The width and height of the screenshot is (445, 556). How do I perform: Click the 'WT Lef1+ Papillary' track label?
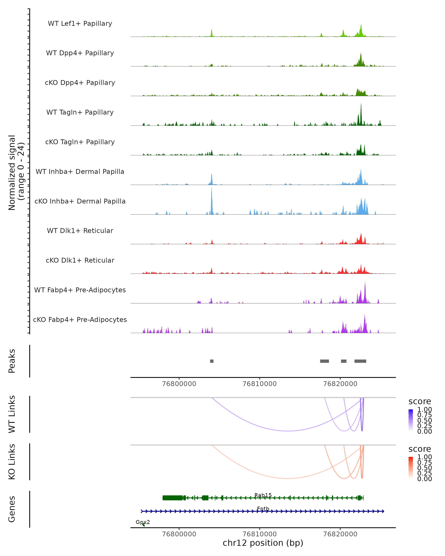(x=80, y=24)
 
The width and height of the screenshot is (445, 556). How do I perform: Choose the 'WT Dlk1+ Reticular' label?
(x=80, y=231)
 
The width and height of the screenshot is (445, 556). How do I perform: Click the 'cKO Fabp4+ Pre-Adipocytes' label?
(x=80, y=320)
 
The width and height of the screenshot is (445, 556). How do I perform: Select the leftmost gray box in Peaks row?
(x=212, y=361)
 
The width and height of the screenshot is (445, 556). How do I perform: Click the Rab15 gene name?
(x=263, y=495)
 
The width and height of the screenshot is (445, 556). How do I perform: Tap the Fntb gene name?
(x=263, y=509)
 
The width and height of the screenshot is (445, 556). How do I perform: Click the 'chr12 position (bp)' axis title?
(x=263, y=543)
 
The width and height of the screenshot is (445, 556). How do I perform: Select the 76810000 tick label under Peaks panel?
(x=260, y=384)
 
